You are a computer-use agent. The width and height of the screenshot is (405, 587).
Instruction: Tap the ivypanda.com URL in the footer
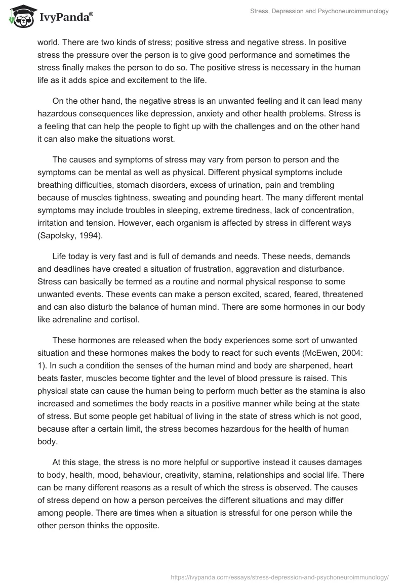[280, 577]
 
